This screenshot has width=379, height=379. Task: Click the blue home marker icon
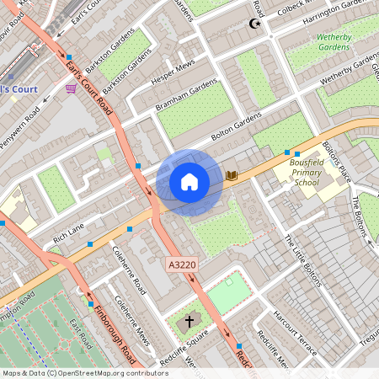click(189, 181)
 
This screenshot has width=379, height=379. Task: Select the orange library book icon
click(232, 176)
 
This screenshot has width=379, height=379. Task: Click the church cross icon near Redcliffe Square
click(189, 321)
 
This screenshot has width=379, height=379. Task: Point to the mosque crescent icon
click(249, 24)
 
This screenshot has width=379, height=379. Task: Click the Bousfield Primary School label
click(306, 176)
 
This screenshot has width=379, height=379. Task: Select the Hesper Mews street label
click(173, 73)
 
